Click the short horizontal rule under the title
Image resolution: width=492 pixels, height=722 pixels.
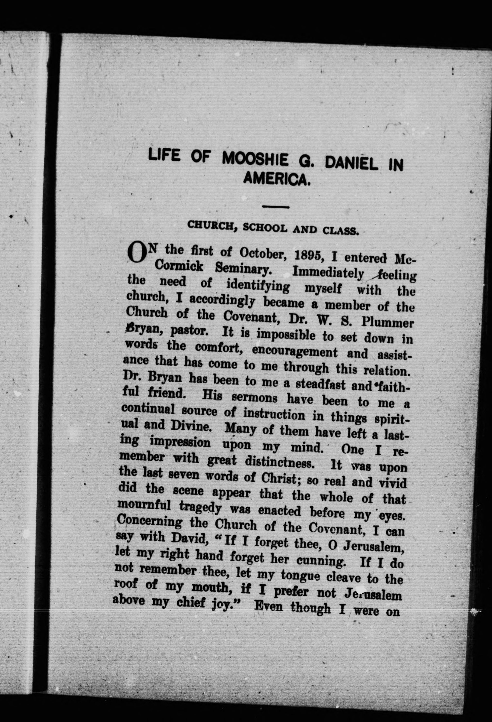[x=276, y=207]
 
